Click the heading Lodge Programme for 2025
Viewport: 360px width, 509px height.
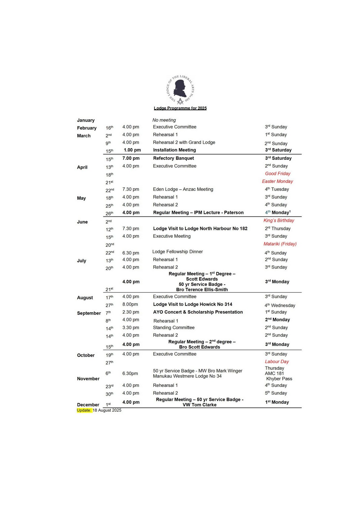tap(180, 108)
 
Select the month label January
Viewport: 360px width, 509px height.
tap(86, 120)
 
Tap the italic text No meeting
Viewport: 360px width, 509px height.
tap(164, 120)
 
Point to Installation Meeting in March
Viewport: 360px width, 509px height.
tap(174, 150)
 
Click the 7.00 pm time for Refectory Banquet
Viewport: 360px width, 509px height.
tap(131, 158)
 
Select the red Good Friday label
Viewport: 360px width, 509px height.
tap(278, 173)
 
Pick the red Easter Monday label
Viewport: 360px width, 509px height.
tap(278, 181)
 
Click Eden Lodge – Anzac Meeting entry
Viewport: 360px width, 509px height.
tap(183, 189)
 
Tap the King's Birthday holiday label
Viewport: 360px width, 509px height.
tap(279, 221)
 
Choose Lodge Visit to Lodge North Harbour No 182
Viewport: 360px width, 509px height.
tap(200, 229)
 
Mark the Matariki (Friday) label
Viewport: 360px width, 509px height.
tap(280, 244)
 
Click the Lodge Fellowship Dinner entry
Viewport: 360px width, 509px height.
tap(178, 251)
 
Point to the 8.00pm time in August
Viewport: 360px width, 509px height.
tap(130, 304)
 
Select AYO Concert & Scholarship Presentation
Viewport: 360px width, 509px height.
tap(198, 312)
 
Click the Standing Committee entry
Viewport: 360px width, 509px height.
tap(174, 327)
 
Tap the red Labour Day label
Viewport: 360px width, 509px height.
tap(277, 361)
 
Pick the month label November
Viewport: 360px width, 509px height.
tap(88, 379)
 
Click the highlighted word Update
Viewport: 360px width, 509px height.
tap(84, 410)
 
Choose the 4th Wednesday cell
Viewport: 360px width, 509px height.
tap(280, 305)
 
